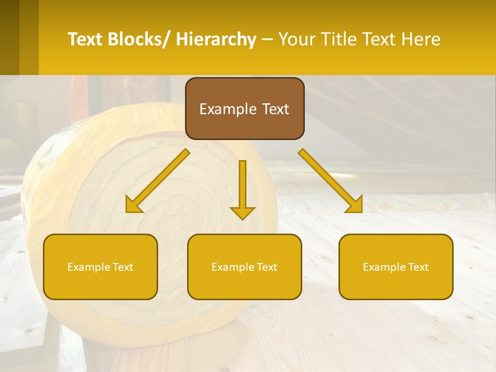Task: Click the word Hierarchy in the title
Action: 216,40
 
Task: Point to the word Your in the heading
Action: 297,40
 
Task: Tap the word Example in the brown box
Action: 228,110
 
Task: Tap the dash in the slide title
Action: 267,40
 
